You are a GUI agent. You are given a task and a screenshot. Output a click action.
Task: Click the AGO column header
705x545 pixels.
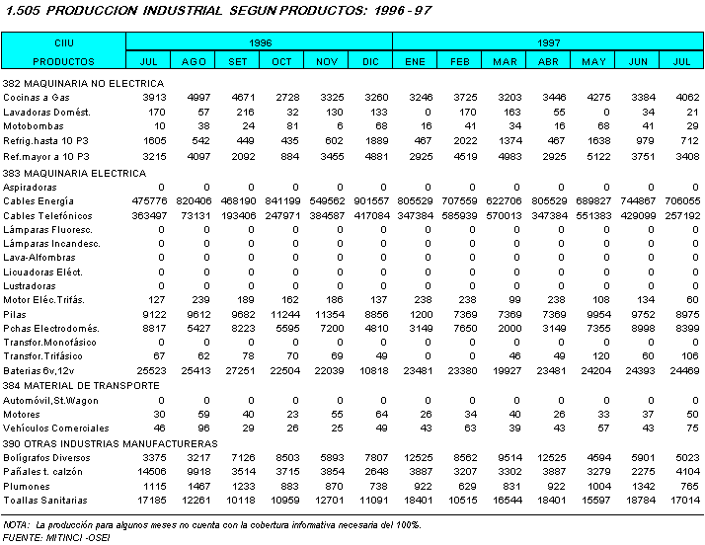(195, 61)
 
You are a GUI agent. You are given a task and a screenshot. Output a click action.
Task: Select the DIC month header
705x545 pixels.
(370, 61)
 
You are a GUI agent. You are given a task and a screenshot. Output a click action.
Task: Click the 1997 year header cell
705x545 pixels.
(548, 43)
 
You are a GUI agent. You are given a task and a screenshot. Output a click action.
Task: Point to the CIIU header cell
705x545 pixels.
(63, 43)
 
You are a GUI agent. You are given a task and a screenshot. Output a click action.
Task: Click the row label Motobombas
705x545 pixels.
(31, 126)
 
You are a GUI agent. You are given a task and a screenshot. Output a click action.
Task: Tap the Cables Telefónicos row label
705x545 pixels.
(47, 215)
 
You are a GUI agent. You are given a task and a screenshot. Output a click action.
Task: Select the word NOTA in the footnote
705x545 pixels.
(16, 524)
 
